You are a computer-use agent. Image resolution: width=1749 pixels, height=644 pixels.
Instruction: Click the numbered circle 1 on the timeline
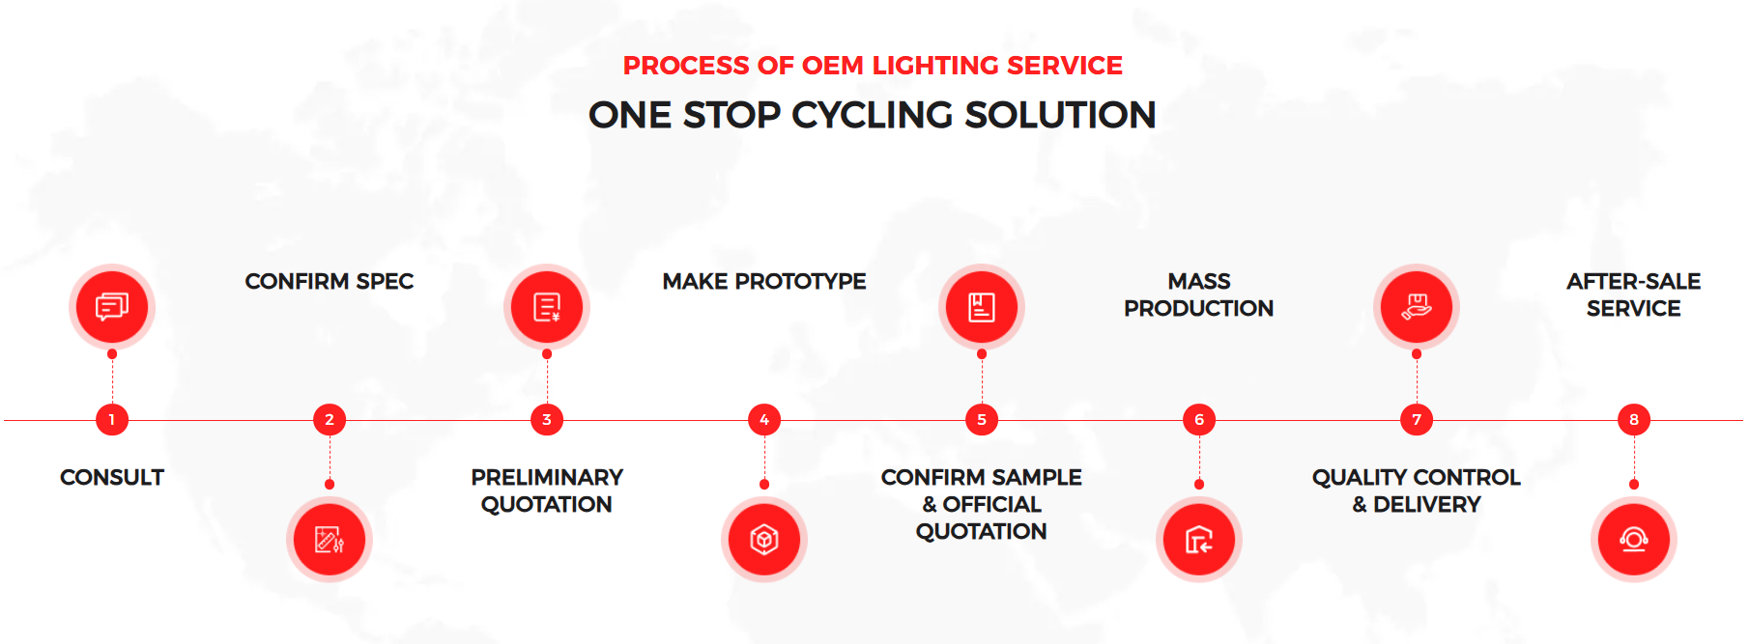click(x=112, y=420)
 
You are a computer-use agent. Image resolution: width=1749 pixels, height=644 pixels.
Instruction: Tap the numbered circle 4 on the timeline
click(x=764, y=420)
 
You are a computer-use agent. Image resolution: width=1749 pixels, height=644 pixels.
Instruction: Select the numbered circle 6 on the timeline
click(x=1199, y=420)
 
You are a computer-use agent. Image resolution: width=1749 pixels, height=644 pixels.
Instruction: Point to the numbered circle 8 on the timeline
click(x=1634, y=420)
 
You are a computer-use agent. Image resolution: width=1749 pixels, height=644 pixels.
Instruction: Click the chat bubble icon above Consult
click(x=112, y=307)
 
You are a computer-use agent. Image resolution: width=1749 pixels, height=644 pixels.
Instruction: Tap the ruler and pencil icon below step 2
click(x=330, y=539)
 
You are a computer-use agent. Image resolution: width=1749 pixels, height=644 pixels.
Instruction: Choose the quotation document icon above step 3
click(x=547, y=307)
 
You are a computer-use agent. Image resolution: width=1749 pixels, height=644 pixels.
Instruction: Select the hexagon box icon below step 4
click(x=764, y=539)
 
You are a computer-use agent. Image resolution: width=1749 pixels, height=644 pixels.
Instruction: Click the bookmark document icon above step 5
click(x=982, y=307)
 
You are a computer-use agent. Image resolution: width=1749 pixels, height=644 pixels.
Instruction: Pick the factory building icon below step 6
click(x=1199, y=539)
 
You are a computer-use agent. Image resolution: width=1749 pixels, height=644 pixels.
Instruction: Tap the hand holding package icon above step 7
click(x=1417, y=307)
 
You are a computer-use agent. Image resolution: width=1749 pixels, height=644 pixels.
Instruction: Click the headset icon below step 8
click(x=1634, y=539)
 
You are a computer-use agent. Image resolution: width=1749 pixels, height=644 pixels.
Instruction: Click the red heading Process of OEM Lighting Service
click(x=873, y=66)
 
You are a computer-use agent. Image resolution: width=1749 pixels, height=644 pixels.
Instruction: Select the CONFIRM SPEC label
click(x=330, y=282)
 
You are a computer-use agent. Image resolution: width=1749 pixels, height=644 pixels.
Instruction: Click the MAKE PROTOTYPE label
click(x=764, y=282)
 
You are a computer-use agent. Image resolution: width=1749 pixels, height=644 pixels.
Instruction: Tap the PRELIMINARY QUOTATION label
click(x=547, y=490)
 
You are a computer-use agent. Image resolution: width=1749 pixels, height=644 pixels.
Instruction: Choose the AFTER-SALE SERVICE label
click(x=1634, y=294)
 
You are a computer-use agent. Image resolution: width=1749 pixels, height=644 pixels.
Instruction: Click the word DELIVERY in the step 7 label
click(x=1427, y=505)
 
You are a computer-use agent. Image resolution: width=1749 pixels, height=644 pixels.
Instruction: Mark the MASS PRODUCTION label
click(x=1199, y=294)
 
